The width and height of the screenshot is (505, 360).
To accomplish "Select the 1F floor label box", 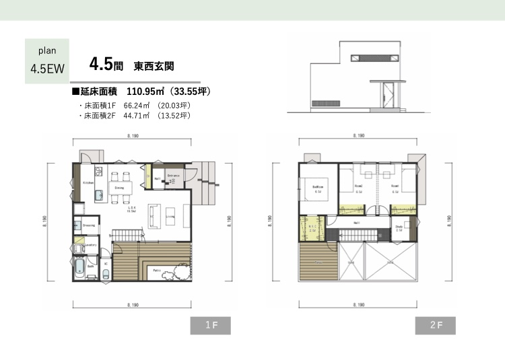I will coord(210,325).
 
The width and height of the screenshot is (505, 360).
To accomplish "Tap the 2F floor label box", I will coord(435,325).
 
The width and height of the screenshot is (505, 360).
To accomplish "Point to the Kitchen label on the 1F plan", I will coord(88,182).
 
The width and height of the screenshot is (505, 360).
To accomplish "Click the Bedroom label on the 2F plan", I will coord(319,186).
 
